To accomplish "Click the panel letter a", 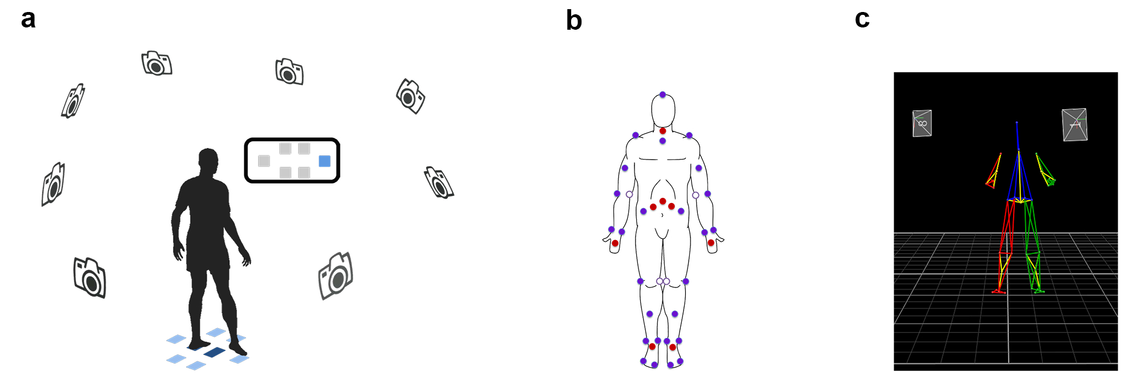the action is click(28, 19).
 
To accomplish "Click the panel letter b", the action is click(573, 21).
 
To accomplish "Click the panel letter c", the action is click(862, 19).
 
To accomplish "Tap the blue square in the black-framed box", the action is click(324, 161).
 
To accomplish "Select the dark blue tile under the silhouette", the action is click(214, 352).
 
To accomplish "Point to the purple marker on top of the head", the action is click(662, 94).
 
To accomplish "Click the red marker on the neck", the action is click(662, 131).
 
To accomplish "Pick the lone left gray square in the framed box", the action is click(264, 161).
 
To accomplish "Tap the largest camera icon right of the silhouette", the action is click(336, 276).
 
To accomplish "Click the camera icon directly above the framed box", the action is click(290, 71).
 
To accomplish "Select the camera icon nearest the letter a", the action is click(73, 101).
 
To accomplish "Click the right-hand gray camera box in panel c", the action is click(1074, 125).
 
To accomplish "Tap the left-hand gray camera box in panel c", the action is click(922, 123).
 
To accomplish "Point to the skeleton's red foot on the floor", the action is click(999, 292).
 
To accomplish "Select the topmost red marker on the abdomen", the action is click(662, 201).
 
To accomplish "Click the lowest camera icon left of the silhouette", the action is click(90, 277).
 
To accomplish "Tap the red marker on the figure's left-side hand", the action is click(615, 244).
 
